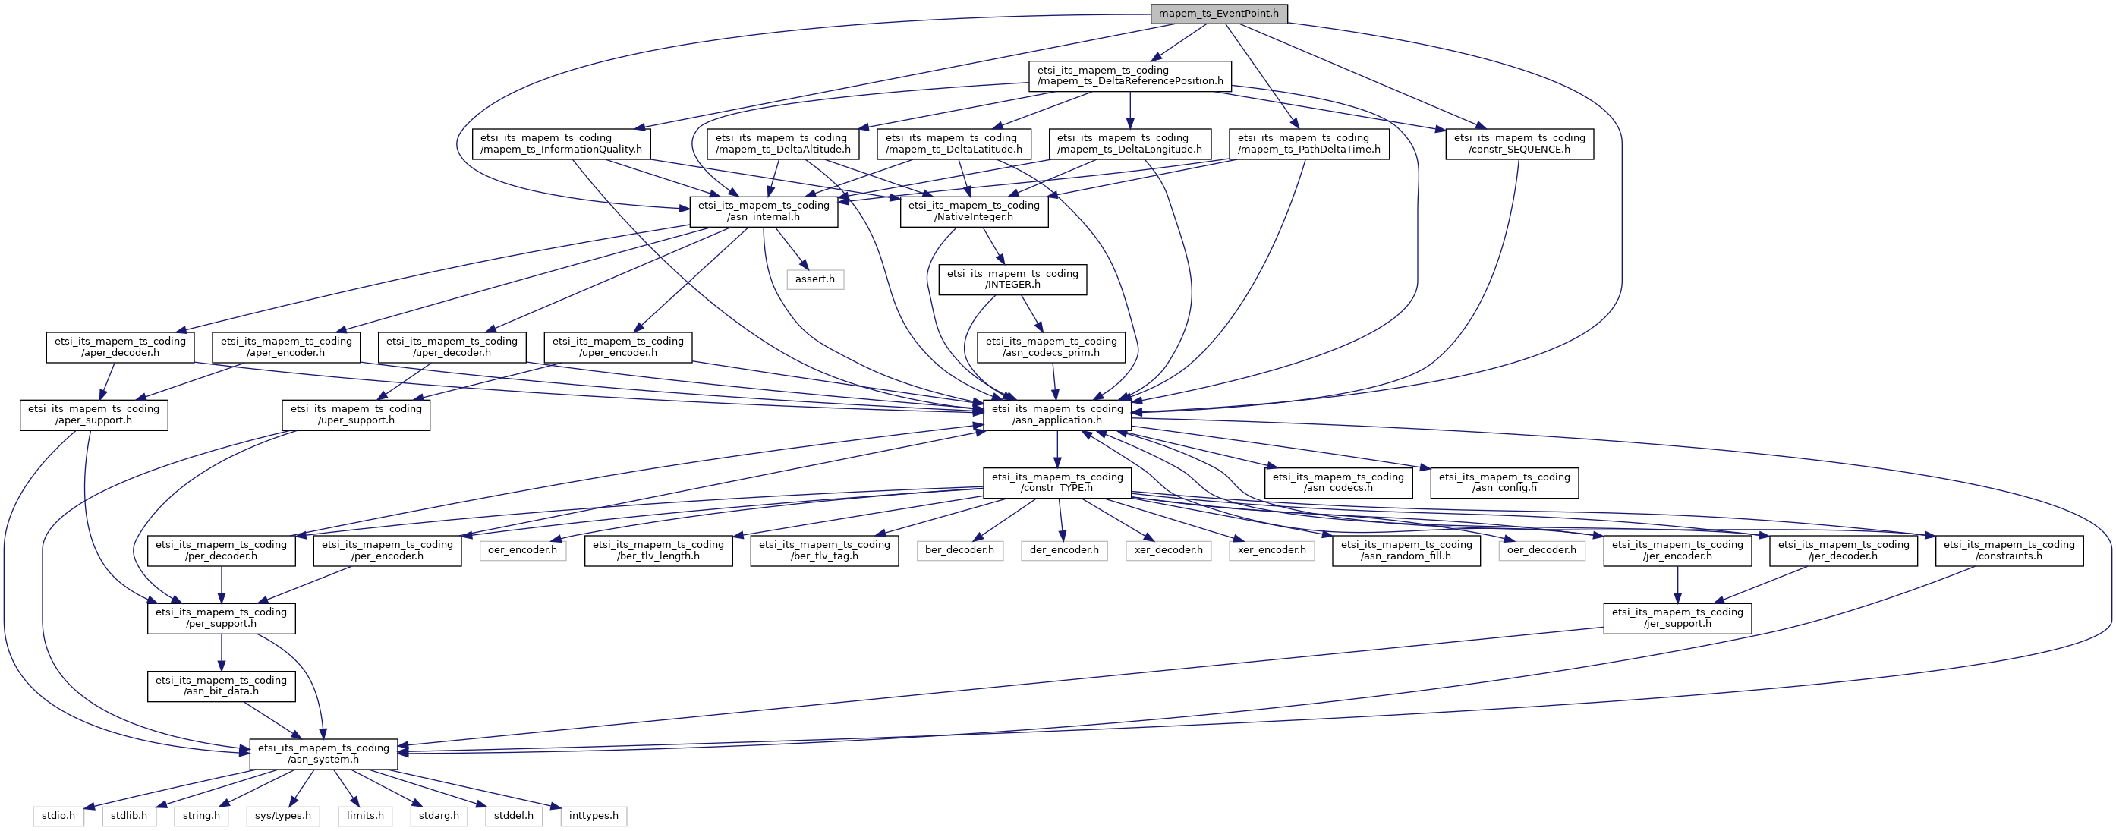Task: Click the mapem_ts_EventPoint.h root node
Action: (x=1218, y=14)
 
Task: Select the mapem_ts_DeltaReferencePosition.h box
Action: (x=1129, y=76)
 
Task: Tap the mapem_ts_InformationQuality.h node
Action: (x=561, y=143)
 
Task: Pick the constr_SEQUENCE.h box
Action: (x=1519, y=143)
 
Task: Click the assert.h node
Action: (x=814, y=279)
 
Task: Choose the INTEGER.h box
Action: (x=1012, y=279)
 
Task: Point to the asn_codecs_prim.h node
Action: (x=1050, y=348)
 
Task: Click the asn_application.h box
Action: (x=1056, y=414)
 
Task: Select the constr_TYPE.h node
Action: (x=1056, y=483)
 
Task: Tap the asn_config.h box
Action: (x=1504, y=483)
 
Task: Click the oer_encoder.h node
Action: (x=521, y=550)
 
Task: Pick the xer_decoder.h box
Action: (x=1168, y=550)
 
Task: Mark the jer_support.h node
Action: (x=1677, y=619)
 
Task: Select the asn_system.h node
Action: (x=323, y=754)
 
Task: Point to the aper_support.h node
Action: (x=93, y=414)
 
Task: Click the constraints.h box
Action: (x=2008, y=550)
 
